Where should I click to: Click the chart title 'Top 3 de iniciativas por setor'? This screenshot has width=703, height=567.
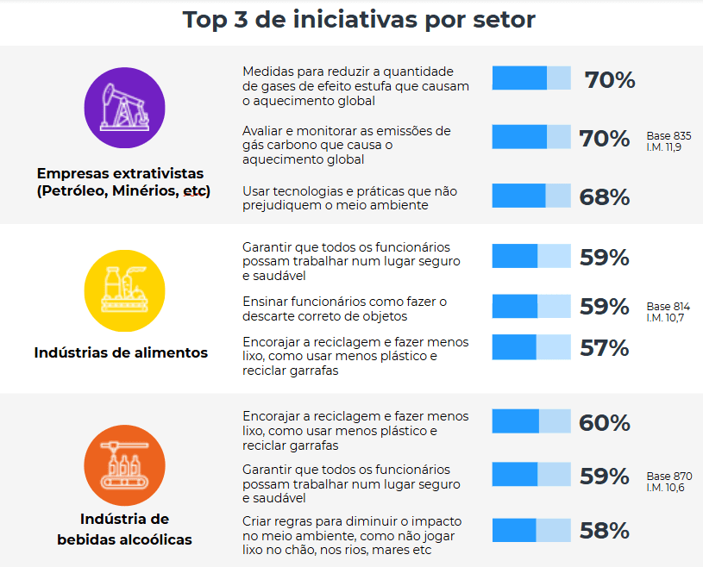point(359,20)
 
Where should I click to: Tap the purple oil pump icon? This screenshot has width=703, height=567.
point(124,108)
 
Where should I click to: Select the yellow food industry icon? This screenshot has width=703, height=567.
point(124,290)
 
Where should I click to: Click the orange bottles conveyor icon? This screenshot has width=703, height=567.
point(124,466)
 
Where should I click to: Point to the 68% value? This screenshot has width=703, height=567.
point(605,196)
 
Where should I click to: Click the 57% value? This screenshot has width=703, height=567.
point(605,348)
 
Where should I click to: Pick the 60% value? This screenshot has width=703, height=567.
point(605,423)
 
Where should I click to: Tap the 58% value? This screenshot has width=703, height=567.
point(605,531)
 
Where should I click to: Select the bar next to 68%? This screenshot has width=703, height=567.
point(531,196)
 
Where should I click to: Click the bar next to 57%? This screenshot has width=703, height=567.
point(531,347)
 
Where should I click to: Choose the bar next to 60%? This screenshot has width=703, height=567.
point(531,421)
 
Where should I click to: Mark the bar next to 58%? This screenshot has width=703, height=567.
point(531,530)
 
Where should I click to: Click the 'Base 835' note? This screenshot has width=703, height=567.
point(668,136)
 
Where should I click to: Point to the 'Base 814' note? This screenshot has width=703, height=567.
point(668,307)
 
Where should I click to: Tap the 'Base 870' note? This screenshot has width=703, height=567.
point(669,477)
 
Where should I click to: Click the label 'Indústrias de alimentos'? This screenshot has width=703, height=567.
point(121,352)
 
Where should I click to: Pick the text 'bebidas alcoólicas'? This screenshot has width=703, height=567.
point(124,539)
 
